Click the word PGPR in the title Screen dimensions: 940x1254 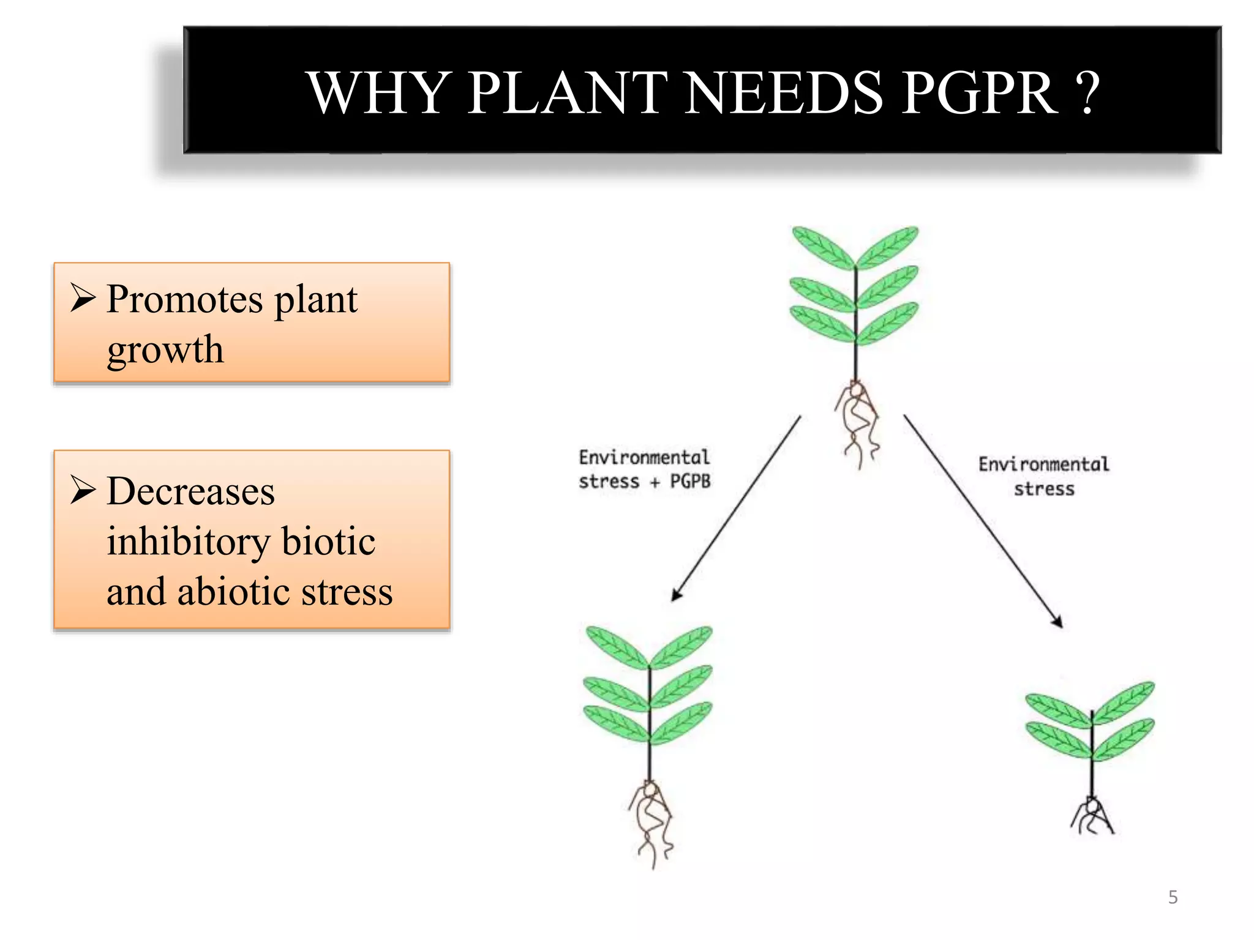click(979, 93)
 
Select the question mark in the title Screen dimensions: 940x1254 click(1087, 93)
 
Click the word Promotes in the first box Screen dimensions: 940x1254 click(184, 300)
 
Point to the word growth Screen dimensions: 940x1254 click(165, 351)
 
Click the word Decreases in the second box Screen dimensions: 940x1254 click(190, 491)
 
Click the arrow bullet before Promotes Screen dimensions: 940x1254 click(83, 298)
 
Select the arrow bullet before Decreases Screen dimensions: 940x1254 click(83, 490)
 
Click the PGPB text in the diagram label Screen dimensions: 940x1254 click(690, 482)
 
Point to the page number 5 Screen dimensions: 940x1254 click(1173, 897)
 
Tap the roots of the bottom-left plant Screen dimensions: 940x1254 click(651, 823)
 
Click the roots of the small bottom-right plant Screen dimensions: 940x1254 click(1092, 817)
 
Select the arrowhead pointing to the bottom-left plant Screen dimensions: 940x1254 click(677, 594)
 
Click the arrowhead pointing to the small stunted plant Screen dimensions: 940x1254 click(1057, 622)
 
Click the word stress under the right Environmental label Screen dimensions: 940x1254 click(1044, 490)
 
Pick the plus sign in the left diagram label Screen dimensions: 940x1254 click(655, 483)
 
